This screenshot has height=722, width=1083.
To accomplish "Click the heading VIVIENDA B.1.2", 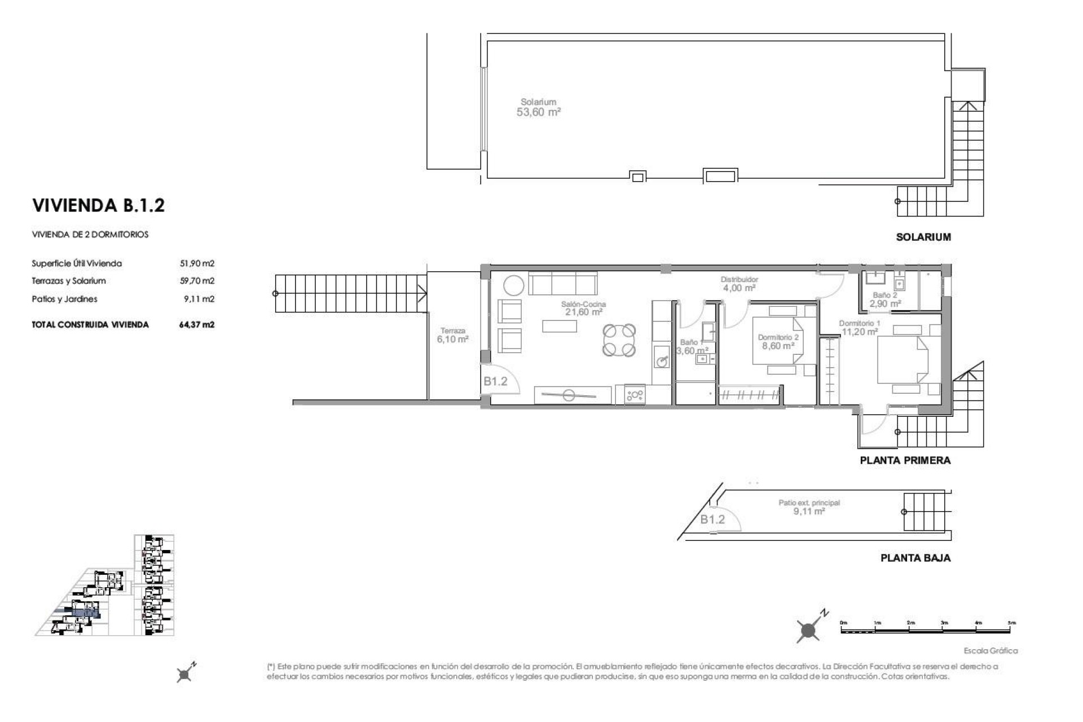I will (x=99, y=205).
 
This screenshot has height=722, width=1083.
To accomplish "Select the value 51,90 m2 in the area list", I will (x=197, y=263).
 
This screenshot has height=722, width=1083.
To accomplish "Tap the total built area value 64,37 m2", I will (x=197, y=325).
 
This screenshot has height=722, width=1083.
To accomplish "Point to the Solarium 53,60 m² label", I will (x=538, y=108).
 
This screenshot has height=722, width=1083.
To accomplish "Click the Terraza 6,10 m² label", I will (x=452, y=336).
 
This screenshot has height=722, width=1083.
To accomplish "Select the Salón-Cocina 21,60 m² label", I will (x=583, y=308).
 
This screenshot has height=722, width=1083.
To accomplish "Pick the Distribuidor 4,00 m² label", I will (x=739, y=284).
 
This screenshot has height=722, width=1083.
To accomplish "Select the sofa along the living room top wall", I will (x=562, y=283).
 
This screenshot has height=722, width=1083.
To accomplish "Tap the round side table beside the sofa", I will (x=513, y=285).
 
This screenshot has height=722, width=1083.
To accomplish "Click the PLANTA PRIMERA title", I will (x=905, y=461).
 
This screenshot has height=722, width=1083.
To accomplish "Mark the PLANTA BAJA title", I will (x=915, y=558).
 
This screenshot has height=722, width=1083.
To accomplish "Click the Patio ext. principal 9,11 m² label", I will (x=809, y=507).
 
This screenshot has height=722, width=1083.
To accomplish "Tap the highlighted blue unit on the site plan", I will (x=85, y=613).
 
